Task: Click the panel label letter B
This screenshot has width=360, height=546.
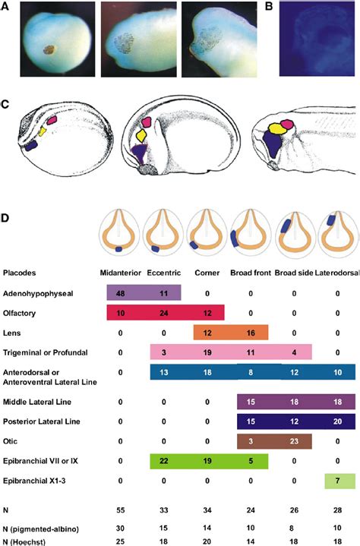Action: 270,6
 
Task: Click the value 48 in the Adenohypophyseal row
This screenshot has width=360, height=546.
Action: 122,292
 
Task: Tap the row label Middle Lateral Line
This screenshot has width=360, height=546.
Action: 34,399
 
